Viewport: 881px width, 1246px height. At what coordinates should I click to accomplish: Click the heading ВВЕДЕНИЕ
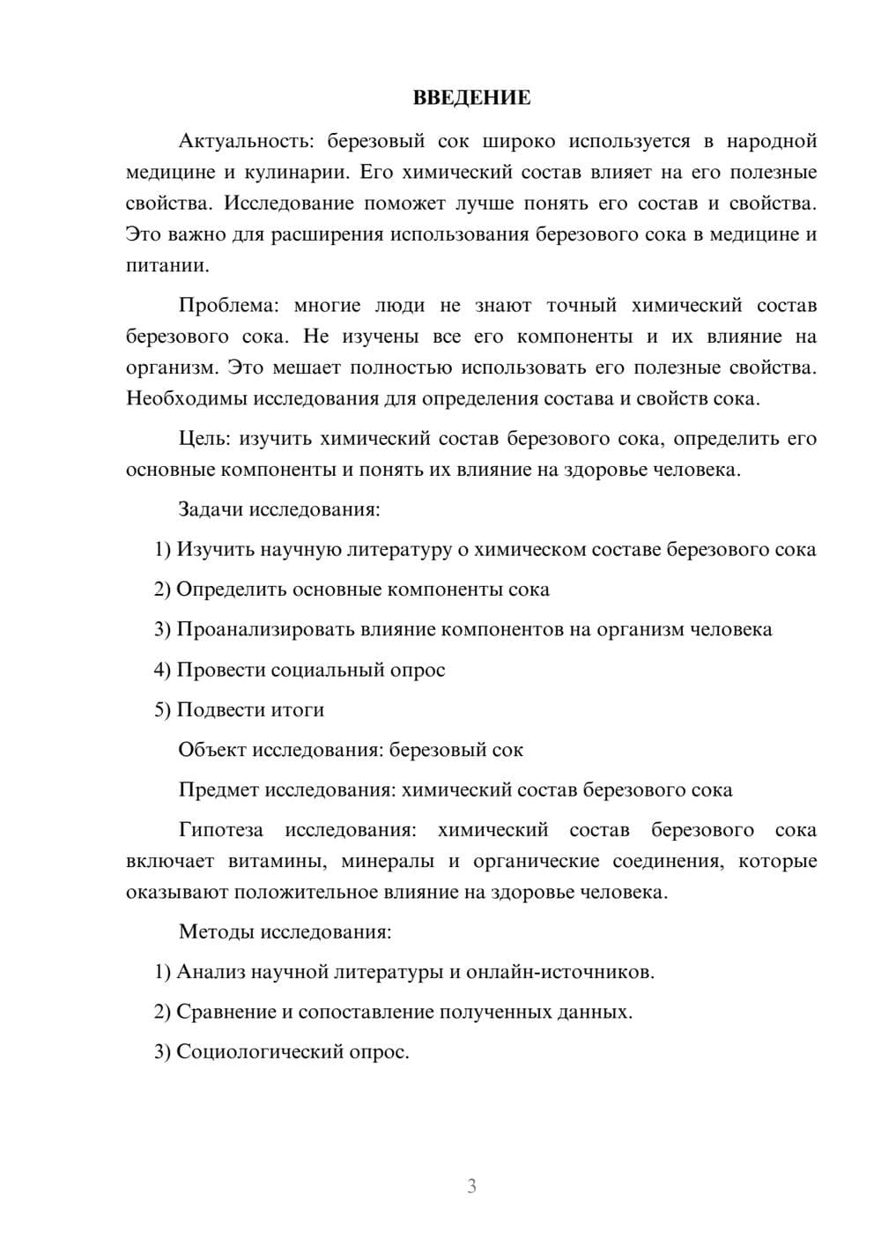tap(471, 98)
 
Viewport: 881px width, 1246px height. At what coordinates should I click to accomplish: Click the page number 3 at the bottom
tap(471, 1186)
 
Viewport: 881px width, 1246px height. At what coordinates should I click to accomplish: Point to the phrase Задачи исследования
tap(278, 509)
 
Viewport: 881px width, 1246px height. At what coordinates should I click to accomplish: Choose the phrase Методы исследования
tap(285, 931)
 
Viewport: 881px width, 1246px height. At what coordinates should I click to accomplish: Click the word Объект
tap(212, 750)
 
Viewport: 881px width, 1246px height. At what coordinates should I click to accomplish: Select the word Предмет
tap(218, 790)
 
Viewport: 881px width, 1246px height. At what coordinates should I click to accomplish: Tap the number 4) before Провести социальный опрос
tap(162, 670)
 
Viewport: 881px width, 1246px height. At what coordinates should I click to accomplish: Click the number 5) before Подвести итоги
tap(162, 709)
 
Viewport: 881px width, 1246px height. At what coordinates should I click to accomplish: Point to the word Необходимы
tap(187, 398)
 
